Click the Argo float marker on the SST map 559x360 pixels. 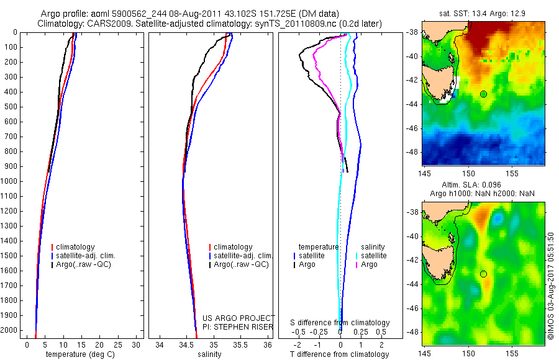(x=484, y=94)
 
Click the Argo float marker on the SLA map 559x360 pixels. (x=484, y=274)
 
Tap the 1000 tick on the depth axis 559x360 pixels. (x=14, y=181)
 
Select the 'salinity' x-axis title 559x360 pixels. (x=208, y=354)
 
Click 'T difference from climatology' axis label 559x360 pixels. (x=340, y=354)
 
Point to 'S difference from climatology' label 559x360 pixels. (x=340, y=323)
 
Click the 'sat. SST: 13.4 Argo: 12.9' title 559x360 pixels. (x=483, y=14)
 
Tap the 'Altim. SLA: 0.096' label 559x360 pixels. (x=483, y=185)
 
